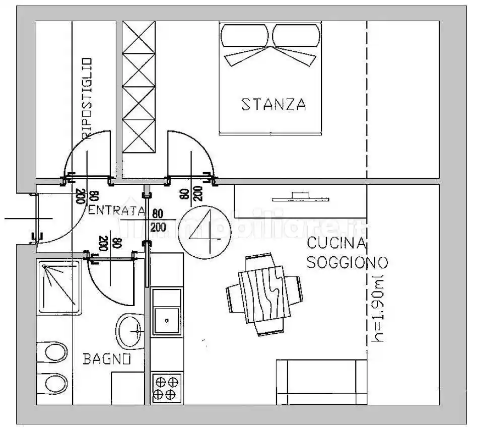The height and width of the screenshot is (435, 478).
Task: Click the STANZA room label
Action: pyautogui.click(x=274, y=104)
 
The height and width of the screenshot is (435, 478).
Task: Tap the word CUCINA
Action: pyautogui.click(x=336, y=244)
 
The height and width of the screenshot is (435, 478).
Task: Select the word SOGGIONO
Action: pyautogui.click(x=347, y=262)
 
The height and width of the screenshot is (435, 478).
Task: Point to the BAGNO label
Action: pyautogui.click(x=107, y=359)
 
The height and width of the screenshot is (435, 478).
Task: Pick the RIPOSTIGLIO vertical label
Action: pyautogui.click(x=87, y=99)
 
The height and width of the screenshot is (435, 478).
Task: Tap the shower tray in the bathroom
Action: pyautogui.click(x=59, y=287)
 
